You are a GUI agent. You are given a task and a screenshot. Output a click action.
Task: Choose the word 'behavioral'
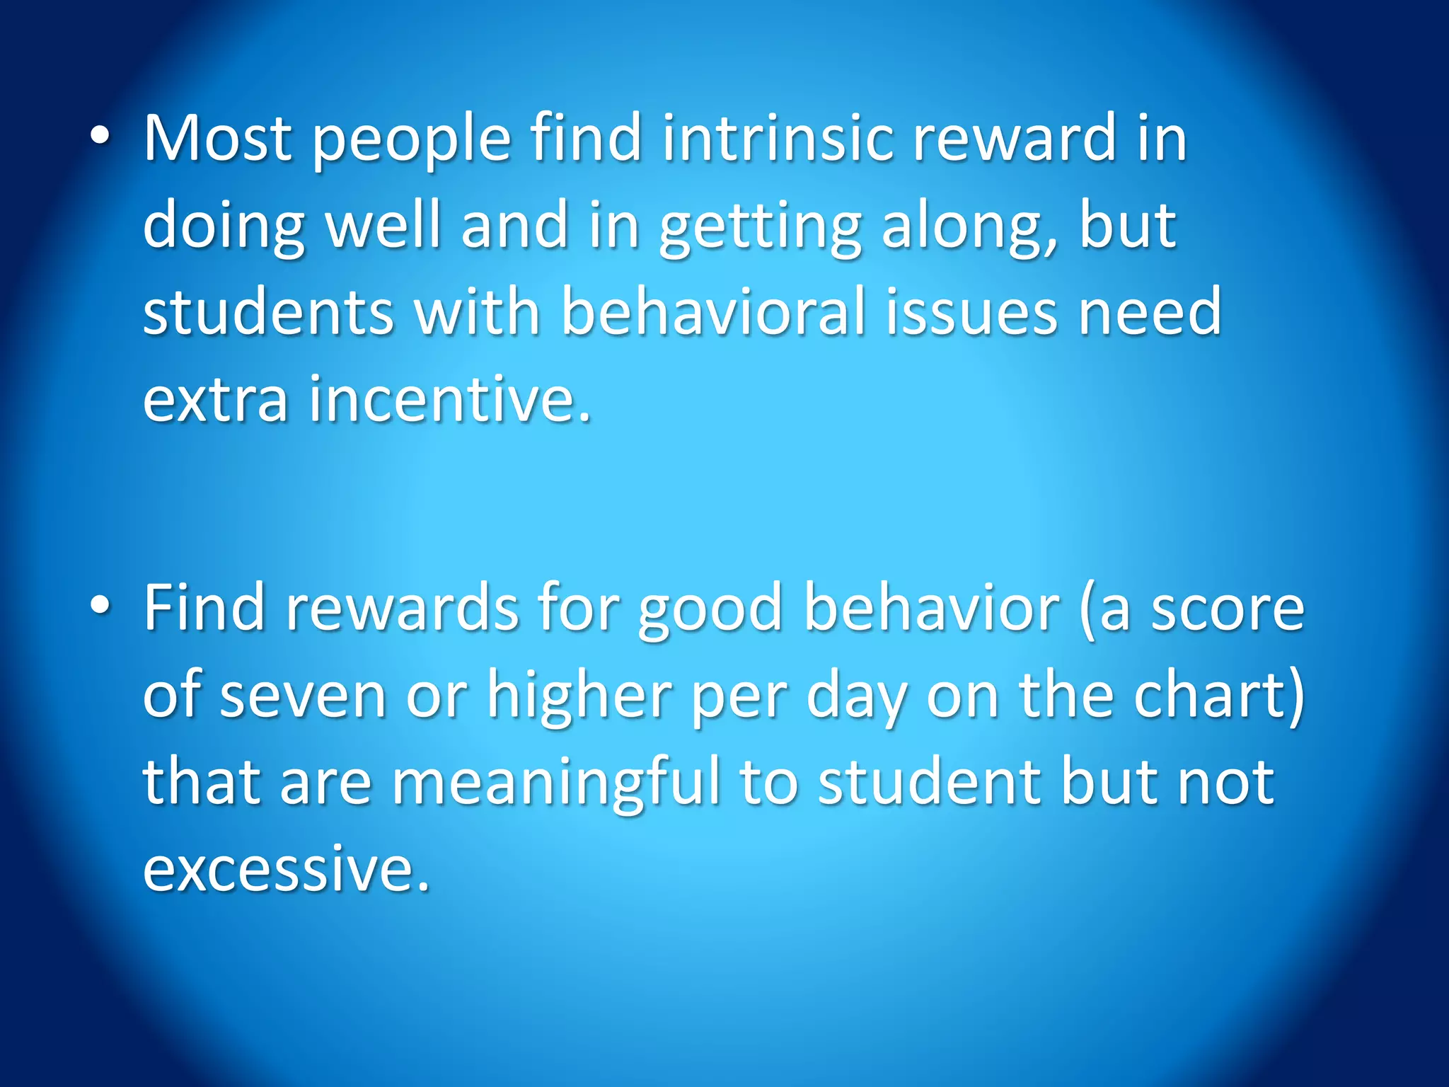click(x=714, y=311)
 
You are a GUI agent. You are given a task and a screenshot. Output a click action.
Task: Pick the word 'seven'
click(x=303, y=696)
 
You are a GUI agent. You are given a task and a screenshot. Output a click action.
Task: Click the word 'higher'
click(x=579, y=696)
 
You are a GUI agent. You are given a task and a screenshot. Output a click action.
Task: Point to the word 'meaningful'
click(x=556, y=783)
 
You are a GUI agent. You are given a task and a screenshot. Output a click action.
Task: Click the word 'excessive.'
click(x=287, y=869)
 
